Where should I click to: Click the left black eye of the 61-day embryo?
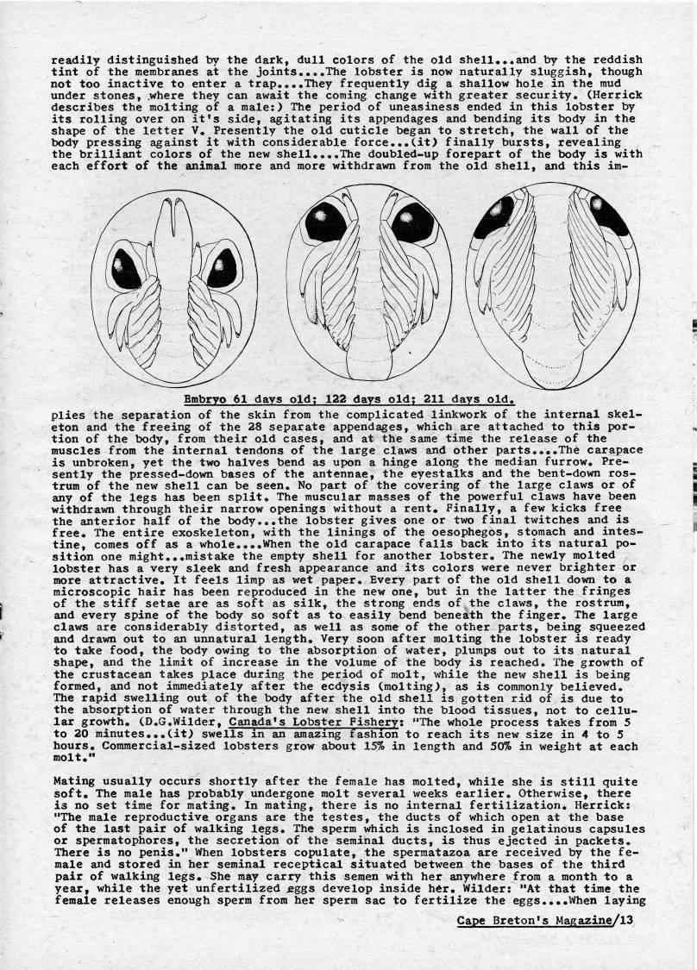pyautogui.click(x=127, y=269)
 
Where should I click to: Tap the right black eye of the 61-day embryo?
pyautogui.click(x=221, y=267)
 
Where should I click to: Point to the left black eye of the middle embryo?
pyautogui.click(x=325, y=222)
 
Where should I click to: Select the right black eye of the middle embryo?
pyautogui.click(x=411, y=222)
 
